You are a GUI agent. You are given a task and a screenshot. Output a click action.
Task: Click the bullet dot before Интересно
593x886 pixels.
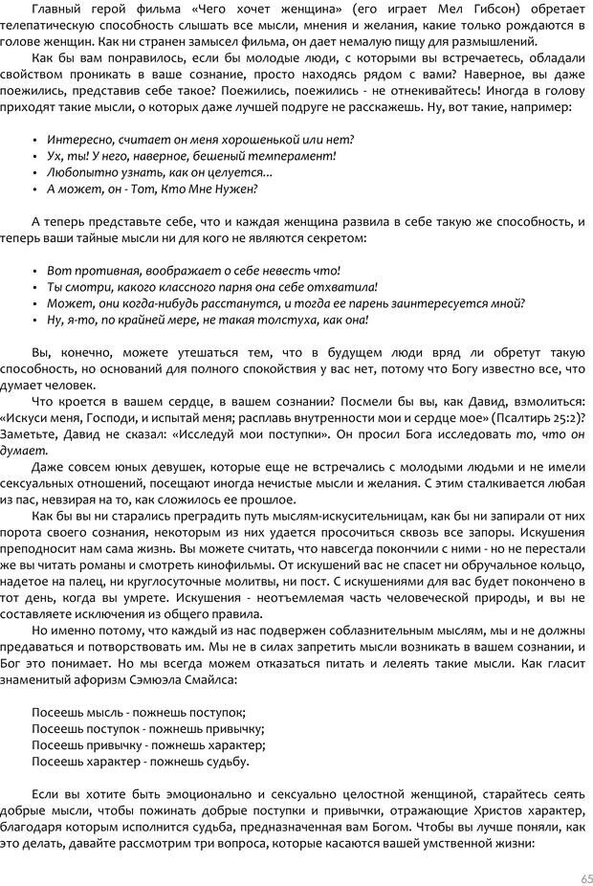coord(34,140)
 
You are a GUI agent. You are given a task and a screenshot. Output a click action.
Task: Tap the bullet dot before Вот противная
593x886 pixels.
coord(34,271)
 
